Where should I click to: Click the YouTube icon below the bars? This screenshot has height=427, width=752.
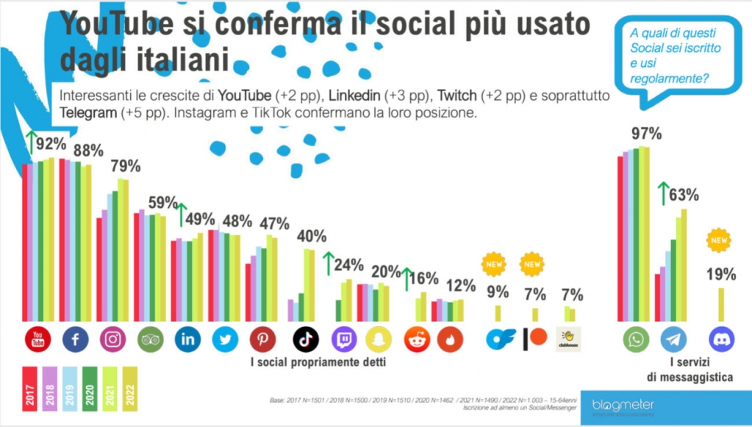38,339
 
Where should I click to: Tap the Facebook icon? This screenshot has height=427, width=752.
76,339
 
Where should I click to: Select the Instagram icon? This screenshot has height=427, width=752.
113,339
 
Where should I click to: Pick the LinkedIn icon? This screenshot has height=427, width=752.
187,339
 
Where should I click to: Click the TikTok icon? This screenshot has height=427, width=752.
306,339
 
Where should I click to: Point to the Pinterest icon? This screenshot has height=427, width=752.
262,339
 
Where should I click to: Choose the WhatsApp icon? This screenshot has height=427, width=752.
636,339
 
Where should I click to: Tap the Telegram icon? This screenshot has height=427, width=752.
673,339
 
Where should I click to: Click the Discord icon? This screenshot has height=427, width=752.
721,339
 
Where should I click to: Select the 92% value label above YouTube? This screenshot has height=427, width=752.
51,144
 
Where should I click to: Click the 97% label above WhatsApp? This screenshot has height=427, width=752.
647,134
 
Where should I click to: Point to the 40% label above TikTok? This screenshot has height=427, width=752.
311,237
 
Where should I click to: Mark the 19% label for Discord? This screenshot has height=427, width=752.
721,275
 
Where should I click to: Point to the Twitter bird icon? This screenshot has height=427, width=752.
225,339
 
